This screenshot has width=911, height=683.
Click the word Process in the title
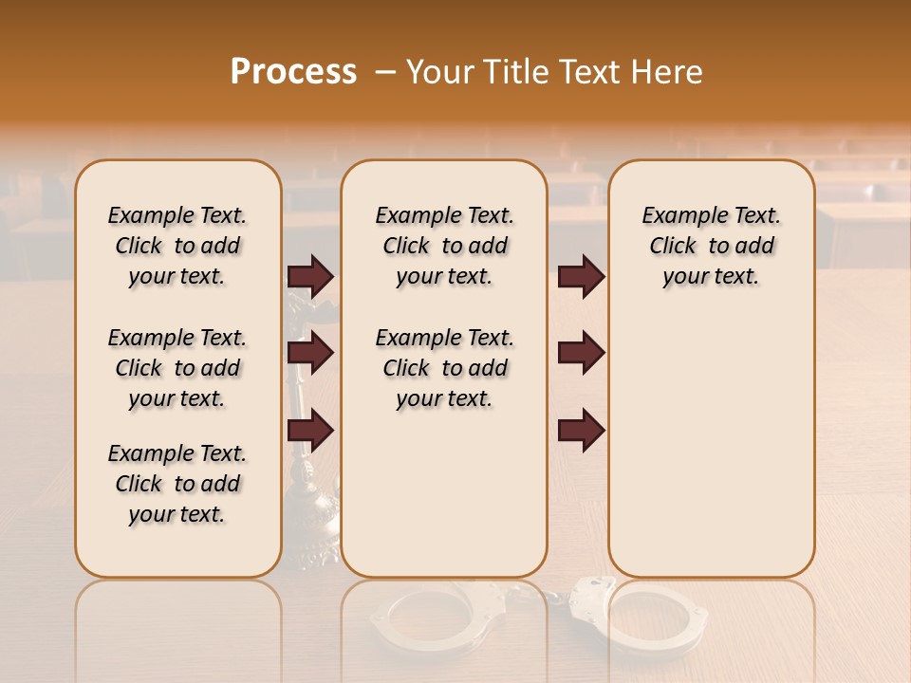[x=293, y=72]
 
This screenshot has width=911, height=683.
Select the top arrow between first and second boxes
[x=310, y=277]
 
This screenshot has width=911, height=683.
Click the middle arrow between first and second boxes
[x=310, y=354]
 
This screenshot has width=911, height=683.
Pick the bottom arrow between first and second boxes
[x=310, y=431]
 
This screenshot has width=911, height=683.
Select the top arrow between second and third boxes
[x=581, y=277]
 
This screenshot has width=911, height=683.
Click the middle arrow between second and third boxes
[x=581, y=354]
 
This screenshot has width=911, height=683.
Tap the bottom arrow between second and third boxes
[x=581, y=431]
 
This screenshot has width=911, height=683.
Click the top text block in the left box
[x=177, y=246]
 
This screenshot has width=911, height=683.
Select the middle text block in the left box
[x=177, y=368]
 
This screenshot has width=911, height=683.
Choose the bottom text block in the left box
[x=177, y=484]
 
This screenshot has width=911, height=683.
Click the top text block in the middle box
[x=444, y=246]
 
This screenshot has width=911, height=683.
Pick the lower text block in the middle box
[x=444, y=368]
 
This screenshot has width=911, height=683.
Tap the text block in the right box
[x=711, y=246]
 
